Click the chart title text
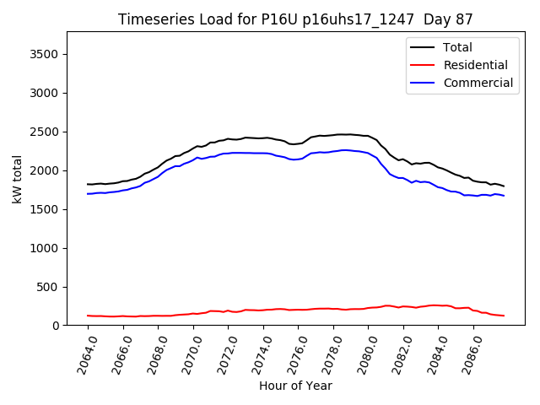(x=295, y=19)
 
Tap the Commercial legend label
(x=478, y=83)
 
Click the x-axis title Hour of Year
(x=295, y=386)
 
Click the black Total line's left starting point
(x=88, y=184)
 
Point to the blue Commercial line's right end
(x=504, y=196)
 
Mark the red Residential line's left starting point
(x=88, y=316)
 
